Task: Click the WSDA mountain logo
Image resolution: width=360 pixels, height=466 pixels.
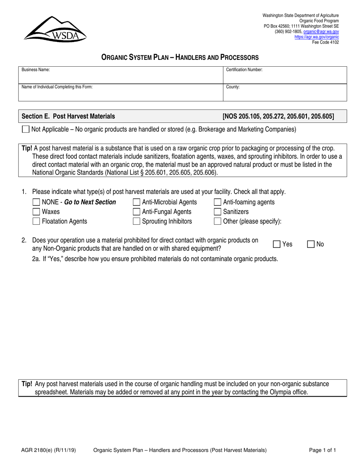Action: [x=55, y=29]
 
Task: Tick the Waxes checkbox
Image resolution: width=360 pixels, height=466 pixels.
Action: [x=36, y=212]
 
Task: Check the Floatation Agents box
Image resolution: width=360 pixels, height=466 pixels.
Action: [x=36, y=221]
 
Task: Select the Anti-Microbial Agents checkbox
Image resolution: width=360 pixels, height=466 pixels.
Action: [x=136, y=202]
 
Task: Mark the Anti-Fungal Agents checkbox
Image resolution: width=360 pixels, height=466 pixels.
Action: [x=136, y=212]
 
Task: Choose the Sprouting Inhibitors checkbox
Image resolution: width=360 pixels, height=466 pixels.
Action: [x=136, y=221]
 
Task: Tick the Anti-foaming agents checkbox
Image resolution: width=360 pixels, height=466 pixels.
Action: [x=218, y=202]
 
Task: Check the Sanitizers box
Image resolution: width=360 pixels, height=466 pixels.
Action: [x=218, y=212]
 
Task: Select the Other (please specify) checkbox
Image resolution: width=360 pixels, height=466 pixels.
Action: [x=218, y=221]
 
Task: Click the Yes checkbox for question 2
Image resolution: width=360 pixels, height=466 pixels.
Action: [x=277, y=244]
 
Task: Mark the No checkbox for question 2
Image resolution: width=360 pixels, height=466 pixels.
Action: [x=310, y=244]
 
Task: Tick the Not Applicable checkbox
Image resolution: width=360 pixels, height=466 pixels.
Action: [x=26, y=129]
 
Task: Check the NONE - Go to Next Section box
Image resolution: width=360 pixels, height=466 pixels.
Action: [x=36, y=202]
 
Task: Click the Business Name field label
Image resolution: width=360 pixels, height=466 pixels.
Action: [x=36, y=70]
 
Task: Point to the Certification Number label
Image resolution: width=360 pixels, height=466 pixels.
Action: [x=244, y=70]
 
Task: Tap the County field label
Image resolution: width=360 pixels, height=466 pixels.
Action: [x=233, y=87]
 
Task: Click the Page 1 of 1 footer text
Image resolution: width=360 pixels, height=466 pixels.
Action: [x=322, y=450]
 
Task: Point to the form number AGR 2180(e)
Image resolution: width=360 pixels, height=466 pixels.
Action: [x=38, y=450]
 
